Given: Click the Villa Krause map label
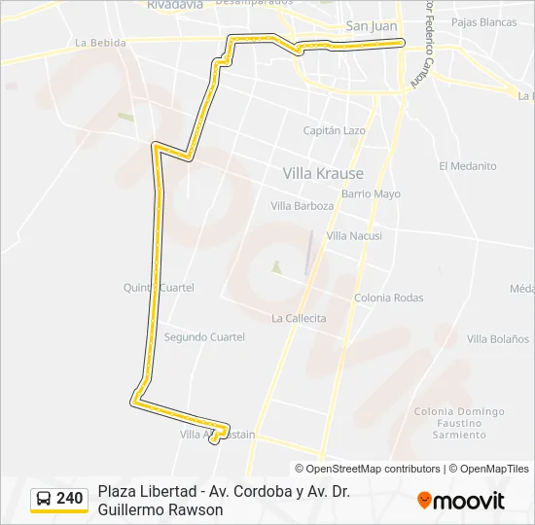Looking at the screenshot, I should click(323, 173).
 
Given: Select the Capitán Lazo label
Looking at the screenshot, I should click(334, 130).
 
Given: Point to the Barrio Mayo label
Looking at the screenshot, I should click(371, 194).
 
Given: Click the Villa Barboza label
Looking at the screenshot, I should click(302, 206).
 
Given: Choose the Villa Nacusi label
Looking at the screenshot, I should click(354, 236).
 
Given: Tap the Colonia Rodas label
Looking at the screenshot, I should click(388, 297).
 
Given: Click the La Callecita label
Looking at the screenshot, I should click(299, 318).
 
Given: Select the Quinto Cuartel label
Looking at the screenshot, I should click(159, 288).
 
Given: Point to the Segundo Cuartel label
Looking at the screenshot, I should click(204, 337).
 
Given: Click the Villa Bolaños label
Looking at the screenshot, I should click(498, 338).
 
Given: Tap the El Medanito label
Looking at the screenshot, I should click(467, 166).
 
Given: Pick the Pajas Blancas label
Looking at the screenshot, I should click(484, 21).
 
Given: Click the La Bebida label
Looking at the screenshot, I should click(100, 43).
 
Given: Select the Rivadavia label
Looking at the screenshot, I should click(175, 5).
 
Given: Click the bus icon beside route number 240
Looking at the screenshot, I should click(44, 499).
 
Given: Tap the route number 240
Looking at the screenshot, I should click(70, 499).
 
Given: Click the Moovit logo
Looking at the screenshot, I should click(461, 501).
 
